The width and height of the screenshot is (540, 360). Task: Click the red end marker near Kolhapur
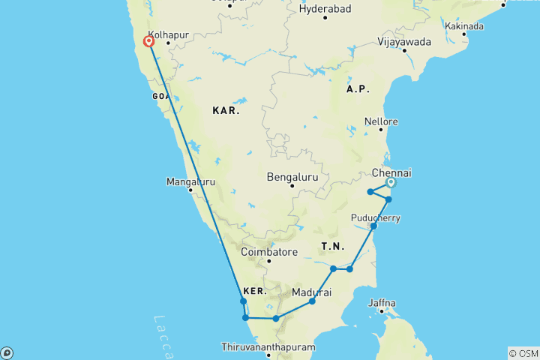coord(149,42)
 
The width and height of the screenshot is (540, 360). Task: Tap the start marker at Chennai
coord(390,182)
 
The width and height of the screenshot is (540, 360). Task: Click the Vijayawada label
coord(405,41)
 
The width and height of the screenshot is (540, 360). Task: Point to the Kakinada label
coord(464,25)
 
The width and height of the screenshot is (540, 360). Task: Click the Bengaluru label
coord(292,177)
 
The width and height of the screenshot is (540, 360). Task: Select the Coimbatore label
coord(268,252)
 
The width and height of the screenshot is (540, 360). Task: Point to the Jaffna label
coord(382,303)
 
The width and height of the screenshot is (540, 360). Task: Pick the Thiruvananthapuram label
coord(268,348)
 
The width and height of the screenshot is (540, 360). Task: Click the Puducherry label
coord(376,218)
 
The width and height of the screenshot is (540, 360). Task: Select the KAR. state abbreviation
coord(226,110)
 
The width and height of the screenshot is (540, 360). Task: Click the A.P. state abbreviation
coord(358,89)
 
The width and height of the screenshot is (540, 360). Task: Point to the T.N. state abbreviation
coord(331,246)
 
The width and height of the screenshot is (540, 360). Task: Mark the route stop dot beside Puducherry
coord(373,226)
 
